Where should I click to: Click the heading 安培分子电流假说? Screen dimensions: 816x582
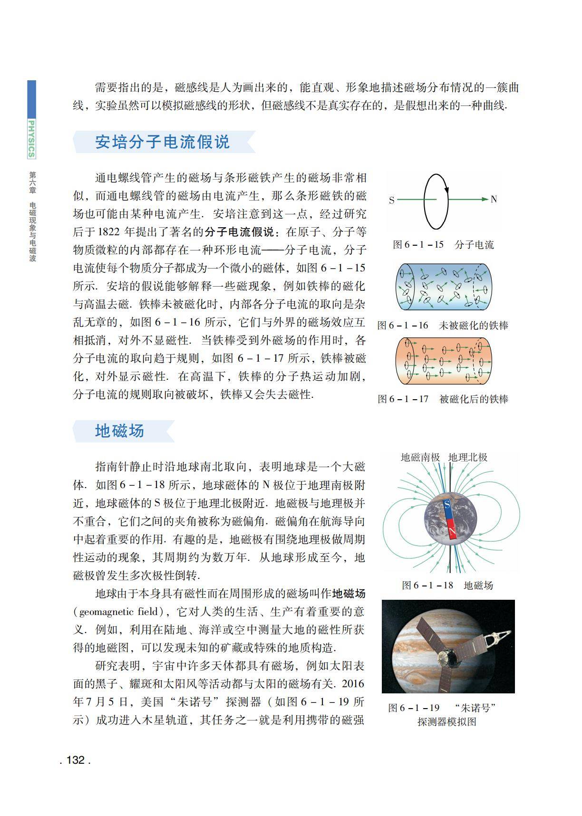pos(163,142)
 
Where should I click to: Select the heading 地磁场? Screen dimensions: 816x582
pos(119,431)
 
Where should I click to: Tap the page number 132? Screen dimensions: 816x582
pos(75,760)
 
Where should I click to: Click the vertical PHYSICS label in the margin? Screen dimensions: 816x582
pos(31,139)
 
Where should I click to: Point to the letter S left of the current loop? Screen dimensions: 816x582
pos(392,200)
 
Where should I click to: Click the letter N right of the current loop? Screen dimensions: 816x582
pos(494,200)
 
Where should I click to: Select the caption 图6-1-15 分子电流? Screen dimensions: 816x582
pos(443,245)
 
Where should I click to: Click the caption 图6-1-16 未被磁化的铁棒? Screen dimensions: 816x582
pos(443,326)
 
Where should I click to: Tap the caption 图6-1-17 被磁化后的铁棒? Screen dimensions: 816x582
pos(443,399)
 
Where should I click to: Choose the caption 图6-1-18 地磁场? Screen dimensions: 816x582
pos(447,585)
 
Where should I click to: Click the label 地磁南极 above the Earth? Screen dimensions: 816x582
pos(420,457)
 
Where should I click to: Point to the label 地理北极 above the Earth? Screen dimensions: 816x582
pos(468,457)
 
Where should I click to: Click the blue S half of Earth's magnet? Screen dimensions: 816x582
pos(447,507)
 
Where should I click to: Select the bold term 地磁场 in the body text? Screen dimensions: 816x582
pos(349,594)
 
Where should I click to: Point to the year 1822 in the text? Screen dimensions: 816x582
pos(111,232)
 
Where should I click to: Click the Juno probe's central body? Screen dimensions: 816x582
pos(446,659)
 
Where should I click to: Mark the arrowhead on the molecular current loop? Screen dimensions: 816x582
pos(447,190)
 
